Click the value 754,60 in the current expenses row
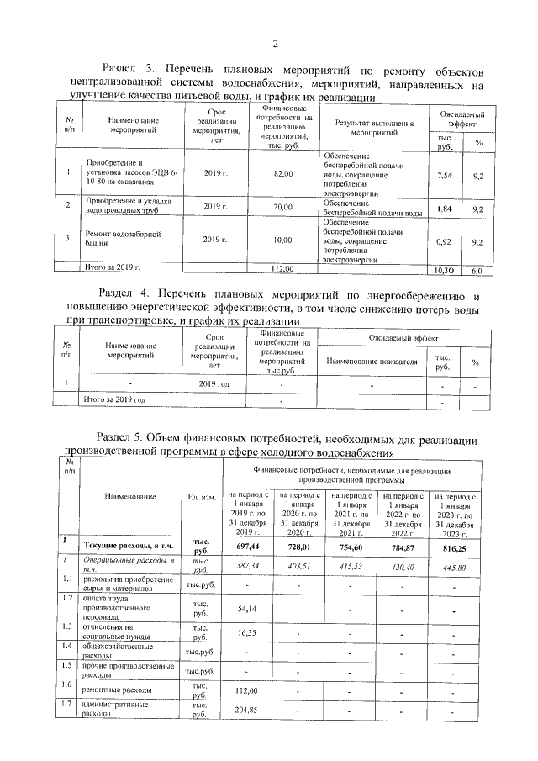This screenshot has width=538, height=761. click(x=349, y=545)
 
